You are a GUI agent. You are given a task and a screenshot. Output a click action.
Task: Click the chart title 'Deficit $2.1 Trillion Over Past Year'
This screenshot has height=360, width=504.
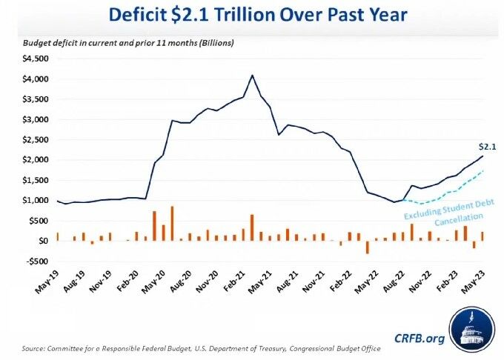pos(252,15)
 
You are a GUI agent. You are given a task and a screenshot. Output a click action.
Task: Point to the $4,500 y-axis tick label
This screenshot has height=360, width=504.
pos(35,59)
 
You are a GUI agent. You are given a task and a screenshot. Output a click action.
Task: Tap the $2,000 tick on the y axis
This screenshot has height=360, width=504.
pos(35,160)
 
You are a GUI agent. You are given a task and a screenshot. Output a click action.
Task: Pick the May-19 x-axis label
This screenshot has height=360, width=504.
pos(46,284)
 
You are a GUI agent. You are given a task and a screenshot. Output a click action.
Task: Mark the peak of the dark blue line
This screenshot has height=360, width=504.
pos(252,75)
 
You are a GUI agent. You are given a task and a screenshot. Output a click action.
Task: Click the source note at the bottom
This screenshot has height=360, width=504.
pos(208,348)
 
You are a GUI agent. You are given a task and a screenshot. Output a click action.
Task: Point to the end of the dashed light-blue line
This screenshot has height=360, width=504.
pos(483,171)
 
